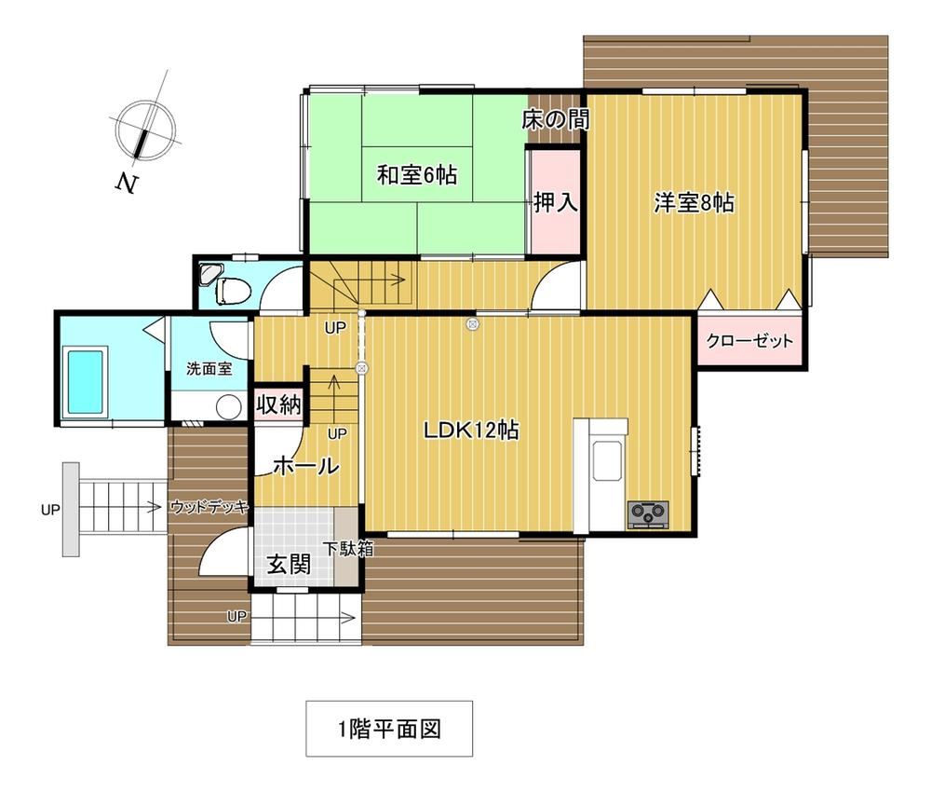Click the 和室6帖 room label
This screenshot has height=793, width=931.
(417, 175)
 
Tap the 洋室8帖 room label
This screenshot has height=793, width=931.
(695, 203)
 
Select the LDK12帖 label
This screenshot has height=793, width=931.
(471, 430)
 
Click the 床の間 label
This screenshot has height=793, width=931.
(556, 120)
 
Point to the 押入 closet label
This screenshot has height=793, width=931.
(556, 202)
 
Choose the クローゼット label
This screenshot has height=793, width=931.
(749, 341)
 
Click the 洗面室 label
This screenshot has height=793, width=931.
(209, 369)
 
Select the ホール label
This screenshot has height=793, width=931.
(306, 466)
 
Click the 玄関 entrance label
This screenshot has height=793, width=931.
(289, 564)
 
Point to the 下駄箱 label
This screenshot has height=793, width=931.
(348, 549)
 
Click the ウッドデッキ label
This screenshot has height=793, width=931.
(209, 507)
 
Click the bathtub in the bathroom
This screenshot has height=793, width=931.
(85, 382)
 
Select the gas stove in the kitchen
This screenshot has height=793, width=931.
(648, 514)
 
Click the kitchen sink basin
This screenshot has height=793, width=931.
(608, 460)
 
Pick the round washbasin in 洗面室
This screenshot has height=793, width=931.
(229, 408)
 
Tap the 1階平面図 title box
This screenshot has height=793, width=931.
(389, 728)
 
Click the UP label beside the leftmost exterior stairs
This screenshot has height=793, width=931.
(50, 510)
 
